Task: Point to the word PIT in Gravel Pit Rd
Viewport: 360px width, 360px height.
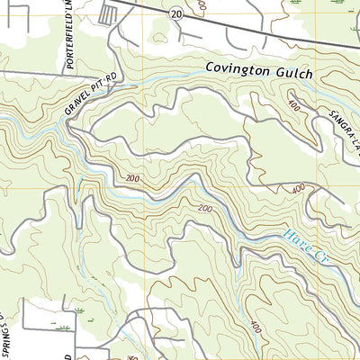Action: coord(94,85)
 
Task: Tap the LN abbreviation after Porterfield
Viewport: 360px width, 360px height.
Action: coord(67,7)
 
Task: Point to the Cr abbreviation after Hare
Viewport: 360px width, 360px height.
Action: coord(321,256)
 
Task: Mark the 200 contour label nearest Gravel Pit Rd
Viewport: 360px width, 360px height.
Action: coord(134,179)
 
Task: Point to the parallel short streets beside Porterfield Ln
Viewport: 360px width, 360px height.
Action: coord(108,13)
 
